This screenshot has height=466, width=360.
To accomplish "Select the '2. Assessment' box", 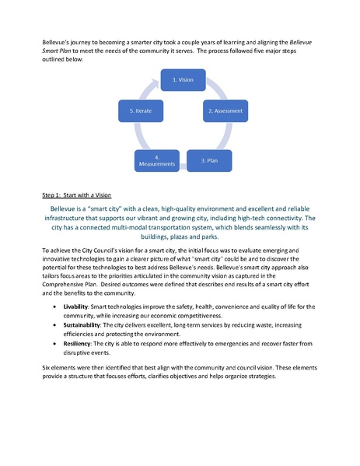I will tap(225, 112).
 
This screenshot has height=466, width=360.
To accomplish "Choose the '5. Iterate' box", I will tap(141, 112).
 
